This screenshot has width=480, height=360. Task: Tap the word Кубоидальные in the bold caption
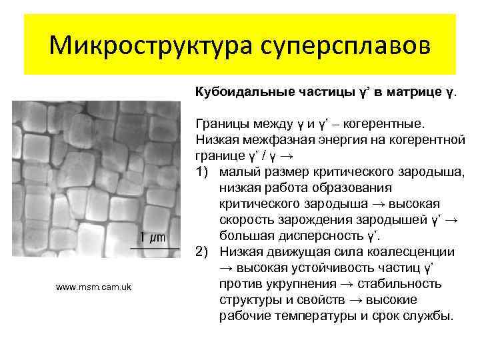[235, 91]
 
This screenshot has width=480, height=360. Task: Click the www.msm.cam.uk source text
[94, 287]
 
